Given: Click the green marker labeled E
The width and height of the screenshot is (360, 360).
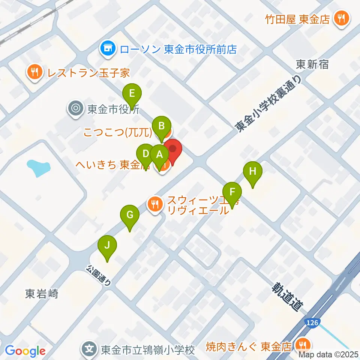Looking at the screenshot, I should click(x=131, y=93).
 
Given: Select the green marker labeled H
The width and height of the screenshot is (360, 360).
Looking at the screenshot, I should click(x=253, y=172).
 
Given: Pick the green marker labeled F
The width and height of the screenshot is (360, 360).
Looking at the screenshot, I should click(x=232, y=192).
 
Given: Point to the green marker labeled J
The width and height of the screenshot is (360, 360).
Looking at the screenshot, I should click(x=107, y=246).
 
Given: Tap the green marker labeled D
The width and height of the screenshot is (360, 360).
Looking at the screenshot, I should click(x=145, y=154).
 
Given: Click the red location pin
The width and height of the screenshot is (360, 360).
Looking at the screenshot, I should click(x=172, y=149).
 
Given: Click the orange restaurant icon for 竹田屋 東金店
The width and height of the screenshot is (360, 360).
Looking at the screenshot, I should click(x=341, y=18).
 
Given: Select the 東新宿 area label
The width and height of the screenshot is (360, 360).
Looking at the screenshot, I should click(x=312, y=64).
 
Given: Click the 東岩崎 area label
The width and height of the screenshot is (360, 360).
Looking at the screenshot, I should click(x=42, y=294).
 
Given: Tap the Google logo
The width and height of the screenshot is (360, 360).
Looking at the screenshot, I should click(x=25, y=351).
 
